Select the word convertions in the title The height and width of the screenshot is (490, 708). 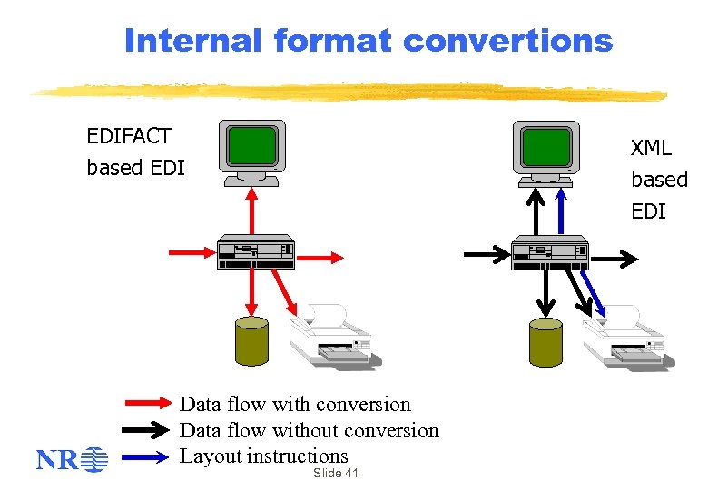click(x=507, y=41)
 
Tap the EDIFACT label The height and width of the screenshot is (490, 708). click(x=129, y=136)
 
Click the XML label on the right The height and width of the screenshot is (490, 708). click(x=651, y=148)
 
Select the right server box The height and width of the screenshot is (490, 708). click(x=550, y=251)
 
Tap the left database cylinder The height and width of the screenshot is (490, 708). click(x=251, y=341)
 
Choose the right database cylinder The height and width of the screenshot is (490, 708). click(x=546, y=342)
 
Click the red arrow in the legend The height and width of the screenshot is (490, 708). click(x=148, y=404)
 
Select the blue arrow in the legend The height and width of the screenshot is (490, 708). click(x=148, y=456)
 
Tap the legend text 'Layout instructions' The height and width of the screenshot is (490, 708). click(x=263, y=456)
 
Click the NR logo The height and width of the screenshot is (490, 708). click(x=72, y=460)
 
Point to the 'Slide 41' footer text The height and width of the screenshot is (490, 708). click(x=335, y=474)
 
